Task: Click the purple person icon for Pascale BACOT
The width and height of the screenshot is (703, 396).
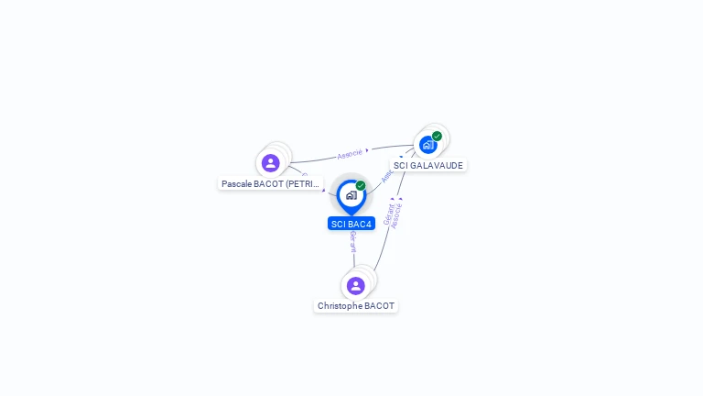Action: tap(270, 163)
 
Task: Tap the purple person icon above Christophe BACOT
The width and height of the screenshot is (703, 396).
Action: tap(356, 286)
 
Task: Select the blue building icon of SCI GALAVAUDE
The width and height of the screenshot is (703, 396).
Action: tap(427, 145)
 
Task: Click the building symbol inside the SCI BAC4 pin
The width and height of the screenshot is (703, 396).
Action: tap(351, 195)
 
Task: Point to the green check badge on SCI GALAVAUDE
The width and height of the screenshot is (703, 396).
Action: tap(438, 137)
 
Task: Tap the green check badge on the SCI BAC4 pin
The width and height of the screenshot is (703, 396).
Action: tap(361, 186)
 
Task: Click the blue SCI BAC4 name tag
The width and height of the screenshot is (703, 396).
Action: tap(351, 224)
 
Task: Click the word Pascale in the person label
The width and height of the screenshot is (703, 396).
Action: tap(237, 184)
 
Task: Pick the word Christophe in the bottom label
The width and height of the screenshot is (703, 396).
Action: tap(340, 306)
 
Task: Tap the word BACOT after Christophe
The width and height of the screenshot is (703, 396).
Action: tap(379, 306)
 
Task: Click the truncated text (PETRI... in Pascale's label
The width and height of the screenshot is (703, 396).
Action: tap(303, 184)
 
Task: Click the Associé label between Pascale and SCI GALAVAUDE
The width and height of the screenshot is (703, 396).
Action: tap(350, 153)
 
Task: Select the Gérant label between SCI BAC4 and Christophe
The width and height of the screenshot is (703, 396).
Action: tap(352, 240)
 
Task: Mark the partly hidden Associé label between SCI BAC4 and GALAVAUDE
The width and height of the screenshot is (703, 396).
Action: tap(386, 175)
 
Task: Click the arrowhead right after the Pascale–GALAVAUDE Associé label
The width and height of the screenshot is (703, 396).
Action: tap(367, 150)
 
